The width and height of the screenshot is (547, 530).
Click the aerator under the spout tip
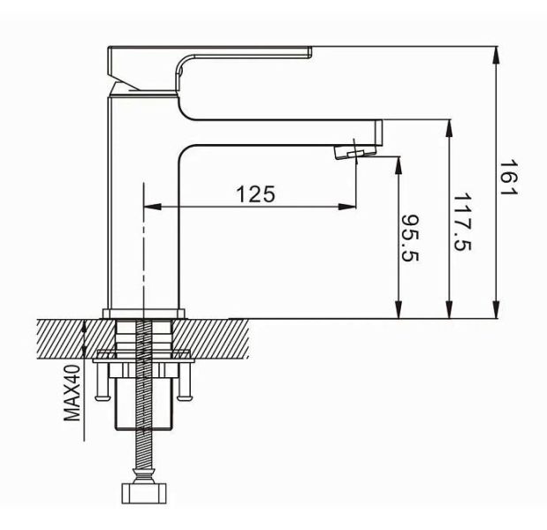tap(351, 152)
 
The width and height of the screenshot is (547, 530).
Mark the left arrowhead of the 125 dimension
tap(150, 208)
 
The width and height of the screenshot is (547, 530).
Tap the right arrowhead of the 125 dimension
tap(349, 208)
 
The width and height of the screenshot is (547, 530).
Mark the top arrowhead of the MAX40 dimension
tap(85, 323)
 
